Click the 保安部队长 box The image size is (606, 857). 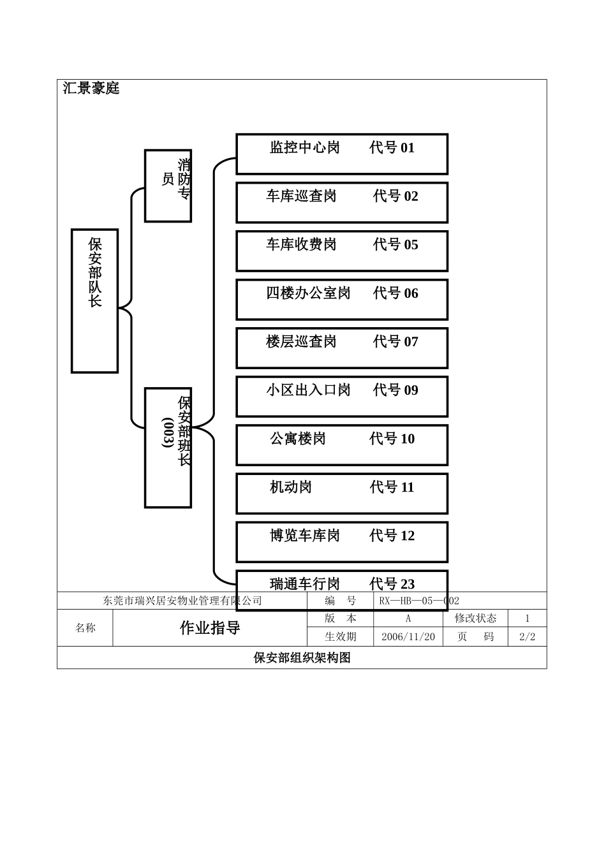[x=94, y=300]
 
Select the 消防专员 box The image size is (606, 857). [x=168, y=186]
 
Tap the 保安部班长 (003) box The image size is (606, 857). [x=168, y=447]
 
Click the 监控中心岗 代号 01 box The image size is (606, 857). [x=342, y=154]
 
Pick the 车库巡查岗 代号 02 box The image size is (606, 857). [x=342, y=202]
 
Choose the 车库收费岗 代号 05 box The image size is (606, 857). [x=342, y=251]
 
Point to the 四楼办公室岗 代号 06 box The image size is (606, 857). [x=342, y=299]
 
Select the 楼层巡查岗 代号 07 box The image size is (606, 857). [x=342, y=348]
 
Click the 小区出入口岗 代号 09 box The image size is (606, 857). [x=342, y=396]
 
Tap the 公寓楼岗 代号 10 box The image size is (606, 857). [x=342, y=444]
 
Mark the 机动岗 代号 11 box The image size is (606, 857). [x=342, y=493]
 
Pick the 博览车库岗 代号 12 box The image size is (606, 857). [x=342, y=541]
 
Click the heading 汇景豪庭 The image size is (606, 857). [x=91, y=88]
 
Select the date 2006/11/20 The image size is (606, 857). [x=408, y=636]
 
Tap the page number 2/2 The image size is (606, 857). [x=527, y=636]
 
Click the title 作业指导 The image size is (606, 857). [x=210, y=628]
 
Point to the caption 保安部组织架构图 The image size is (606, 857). [x=302, y=657]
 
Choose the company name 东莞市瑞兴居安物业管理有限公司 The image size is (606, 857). [x=182, y=601]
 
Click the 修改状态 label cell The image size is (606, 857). [x=475, y=618]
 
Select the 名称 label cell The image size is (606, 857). [x=85, y=628]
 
